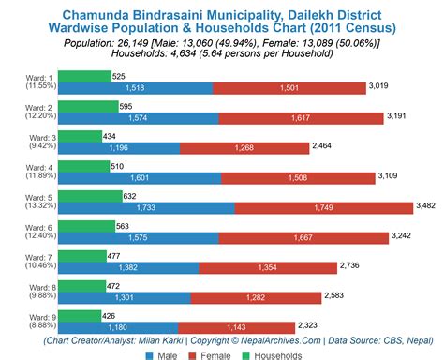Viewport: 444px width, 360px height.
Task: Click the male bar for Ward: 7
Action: (x=137, y=267)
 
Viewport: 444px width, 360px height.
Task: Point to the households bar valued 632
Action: (x=93, y=195)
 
